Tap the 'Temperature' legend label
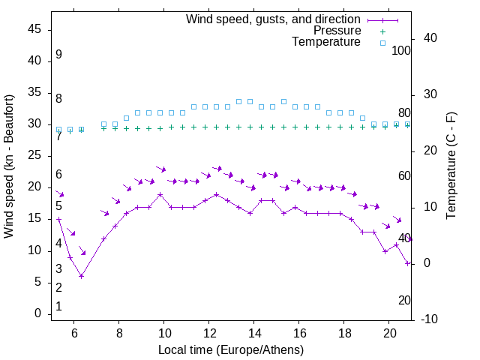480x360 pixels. pos(326,43)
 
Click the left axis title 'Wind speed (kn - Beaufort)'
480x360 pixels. pos(9,166)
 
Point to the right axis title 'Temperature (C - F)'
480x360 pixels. pos(451,166)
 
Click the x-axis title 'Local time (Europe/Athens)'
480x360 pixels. pos(231,350)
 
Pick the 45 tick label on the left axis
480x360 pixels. pos(34,30)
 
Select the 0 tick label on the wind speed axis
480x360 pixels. pos(37,313)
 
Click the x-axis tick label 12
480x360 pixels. pos(209,332)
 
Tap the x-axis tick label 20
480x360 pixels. pos(389,332)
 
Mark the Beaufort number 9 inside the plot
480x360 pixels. pos(58,55)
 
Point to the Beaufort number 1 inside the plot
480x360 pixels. pos(58,306)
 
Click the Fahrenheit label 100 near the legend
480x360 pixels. pos(402,50)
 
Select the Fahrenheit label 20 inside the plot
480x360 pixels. pos(404,300)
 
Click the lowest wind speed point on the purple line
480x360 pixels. pos(81,276)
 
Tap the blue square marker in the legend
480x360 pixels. pos(382,43)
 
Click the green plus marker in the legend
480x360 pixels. pos(382,31)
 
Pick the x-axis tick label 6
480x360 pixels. pos(73,332)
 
